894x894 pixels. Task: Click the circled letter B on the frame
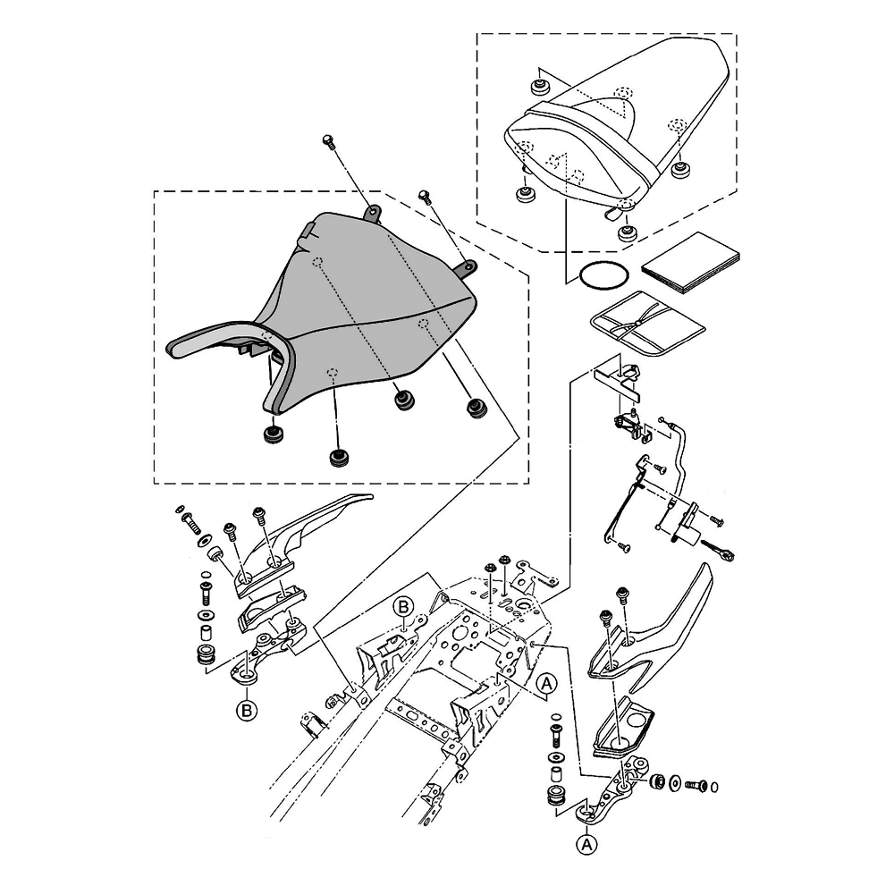coord(403,608)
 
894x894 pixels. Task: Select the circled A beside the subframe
coord(549,684)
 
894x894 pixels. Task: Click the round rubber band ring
coord(601,276)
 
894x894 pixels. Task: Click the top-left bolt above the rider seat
coord(328,141)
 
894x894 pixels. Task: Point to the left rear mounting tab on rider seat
coord(372,210)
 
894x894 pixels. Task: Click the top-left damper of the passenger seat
coord(539,87)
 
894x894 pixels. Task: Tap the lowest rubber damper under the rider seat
coord(337,458)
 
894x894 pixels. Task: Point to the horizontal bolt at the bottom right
coord(694,785)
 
